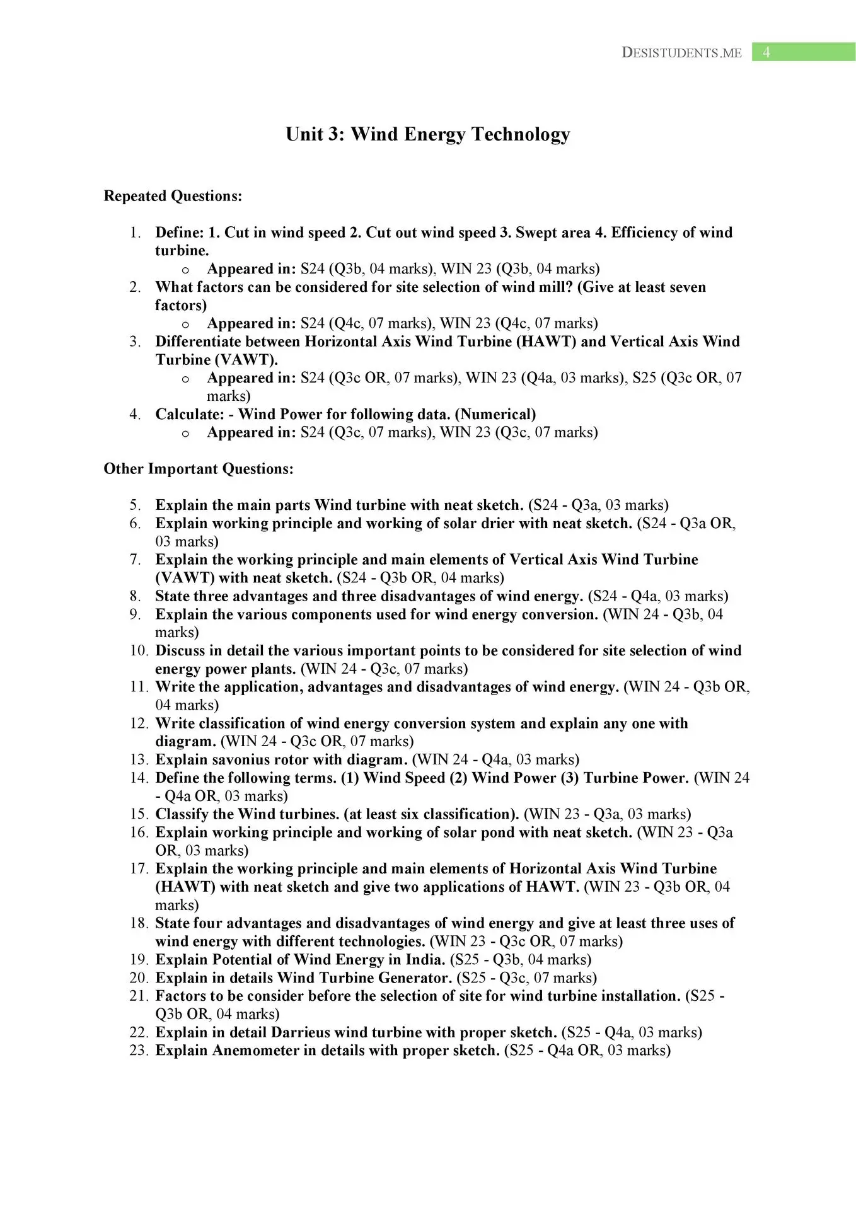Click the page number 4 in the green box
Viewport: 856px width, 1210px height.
click(x=766, y=52)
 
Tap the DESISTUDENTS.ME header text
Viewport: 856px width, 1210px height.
click(x=681, y=53)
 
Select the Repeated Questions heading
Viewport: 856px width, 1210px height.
click(x=173, y=196)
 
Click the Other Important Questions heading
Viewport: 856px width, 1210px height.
click(x=199, y=469)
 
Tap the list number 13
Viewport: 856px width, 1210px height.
click(x=139, y=760)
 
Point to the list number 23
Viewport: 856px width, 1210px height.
click(x=139, y=1051)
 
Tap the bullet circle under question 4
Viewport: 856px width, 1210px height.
click(x=185, y=434)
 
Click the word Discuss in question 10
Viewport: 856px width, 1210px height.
click(x=180, y=650)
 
